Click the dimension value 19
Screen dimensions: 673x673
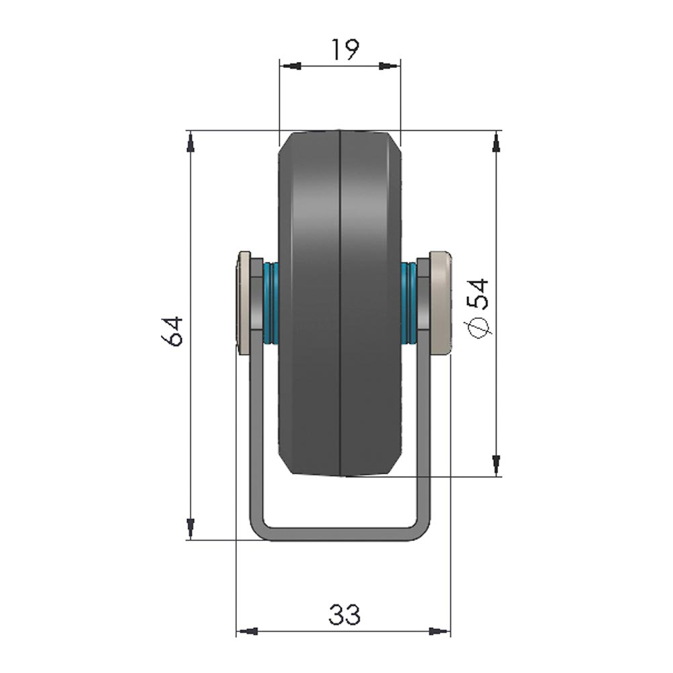[345, 50]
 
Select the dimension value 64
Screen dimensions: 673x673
[174, 330]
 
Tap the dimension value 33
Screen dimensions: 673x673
[345, 614]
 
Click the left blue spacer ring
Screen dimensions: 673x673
[271, 302]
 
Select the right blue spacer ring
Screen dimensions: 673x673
[409, 302]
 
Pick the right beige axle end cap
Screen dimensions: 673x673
[439, 302]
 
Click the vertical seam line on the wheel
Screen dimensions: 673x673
[341, 303]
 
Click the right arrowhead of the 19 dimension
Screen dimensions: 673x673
[390, 66]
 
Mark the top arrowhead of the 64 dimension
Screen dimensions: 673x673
[190, 141]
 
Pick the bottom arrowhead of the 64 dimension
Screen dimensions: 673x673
[190, 528]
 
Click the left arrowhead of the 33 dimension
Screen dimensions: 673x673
[246, 631]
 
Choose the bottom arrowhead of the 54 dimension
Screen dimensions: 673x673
[497, 464]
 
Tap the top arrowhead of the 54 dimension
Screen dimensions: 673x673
[497, 142]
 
